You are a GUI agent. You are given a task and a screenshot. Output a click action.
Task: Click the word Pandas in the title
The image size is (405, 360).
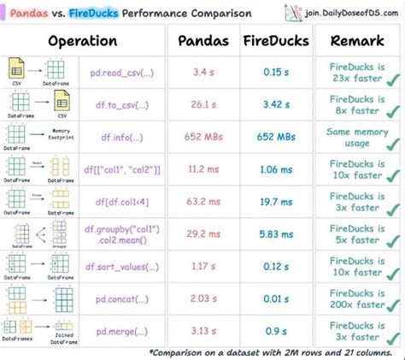pos(27,14)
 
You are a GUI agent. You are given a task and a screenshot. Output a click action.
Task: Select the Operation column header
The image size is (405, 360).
pos(82,41)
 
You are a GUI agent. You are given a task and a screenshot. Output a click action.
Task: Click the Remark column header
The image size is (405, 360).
pos(354,41)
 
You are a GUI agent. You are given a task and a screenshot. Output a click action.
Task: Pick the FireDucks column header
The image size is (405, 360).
pos(275,41)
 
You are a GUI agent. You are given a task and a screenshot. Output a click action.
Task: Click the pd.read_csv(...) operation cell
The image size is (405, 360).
pos(124,71)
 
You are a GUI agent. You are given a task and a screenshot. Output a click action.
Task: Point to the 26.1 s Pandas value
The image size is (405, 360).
pos(202,104)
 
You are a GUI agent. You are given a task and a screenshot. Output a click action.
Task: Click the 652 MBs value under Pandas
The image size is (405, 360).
pos(202,137)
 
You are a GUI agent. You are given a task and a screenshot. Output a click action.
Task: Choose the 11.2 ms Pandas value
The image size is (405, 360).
pos(202,169)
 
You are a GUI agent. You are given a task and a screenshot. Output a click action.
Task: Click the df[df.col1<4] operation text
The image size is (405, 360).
pos(124,202)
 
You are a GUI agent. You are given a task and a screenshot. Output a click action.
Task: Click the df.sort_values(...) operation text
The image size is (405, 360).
pos(124,267)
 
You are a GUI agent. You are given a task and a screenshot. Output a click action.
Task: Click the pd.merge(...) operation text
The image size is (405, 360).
pos(124,331)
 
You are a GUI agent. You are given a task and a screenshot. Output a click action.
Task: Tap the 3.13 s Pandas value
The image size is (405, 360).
pos(202,331)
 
